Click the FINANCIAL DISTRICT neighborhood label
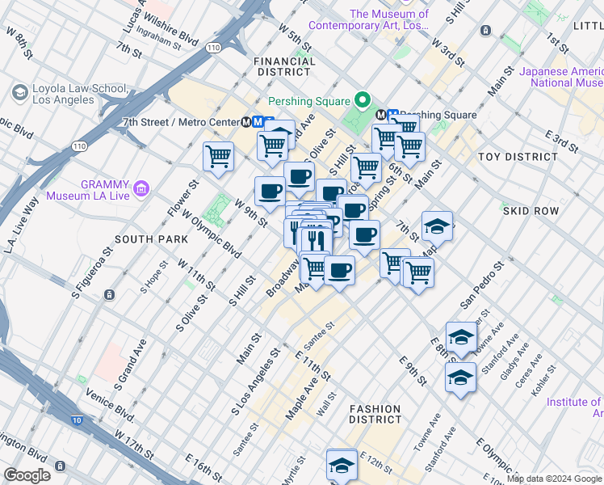click(x=283, y=66)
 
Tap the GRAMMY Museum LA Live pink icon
click(x=142, y=189)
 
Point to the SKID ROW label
click(x=531, y=210)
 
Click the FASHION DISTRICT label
click(x=375, y=414)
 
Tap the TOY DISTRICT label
click(x=518, y=156)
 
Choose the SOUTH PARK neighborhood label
click(x=151, y=239)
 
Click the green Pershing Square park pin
click(x=363, y=101)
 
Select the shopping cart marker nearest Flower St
click(x=218, y=156)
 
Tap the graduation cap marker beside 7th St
click(x=437, y=226)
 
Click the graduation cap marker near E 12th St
click(x=342, y=465)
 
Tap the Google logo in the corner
click(x=27, y=475)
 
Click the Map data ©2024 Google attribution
click(x=554, y=479)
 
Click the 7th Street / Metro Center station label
click(x=187, y=121)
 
